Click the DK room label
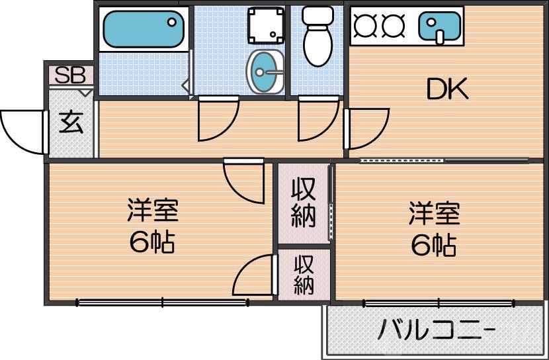point(446,89)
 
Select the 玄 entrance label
point(71,124)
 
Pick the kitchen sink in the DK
point(440,27)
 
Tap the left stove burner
point(364,25)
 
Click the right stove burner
point(393,25)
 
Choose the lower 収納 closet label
point(304,275)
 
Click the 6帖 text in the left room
point(151,244)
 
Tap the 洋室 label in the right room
point(433,214)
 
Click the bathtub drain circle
point(173,22)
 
